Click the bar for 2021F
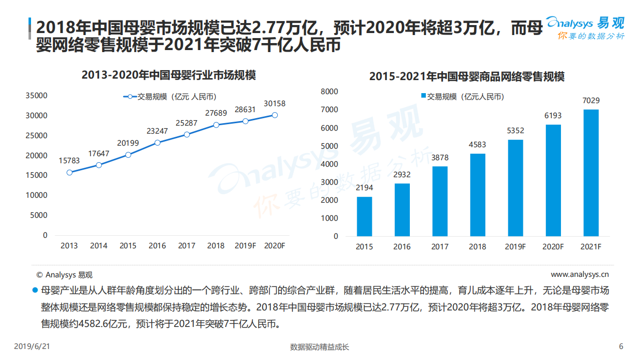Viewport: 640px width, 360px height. pos(591,173)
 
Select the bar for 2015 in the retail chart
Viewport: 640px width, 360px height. pos(364,216)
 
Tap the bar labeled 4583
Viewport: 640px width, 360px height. pos(478,195)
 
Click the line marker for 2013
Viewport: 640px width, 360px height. pos(69,172)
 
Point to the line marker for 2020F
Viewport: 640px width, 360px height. pos(275,115)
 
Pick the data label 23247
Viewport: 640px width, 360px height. pos(158,132)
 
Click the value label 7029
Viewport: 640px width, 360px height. pos(591,101)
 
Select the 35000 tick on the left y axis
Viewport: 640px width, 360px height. pos(37,95)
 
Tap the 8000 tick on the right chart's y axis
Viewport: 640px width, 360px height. pos(329,92)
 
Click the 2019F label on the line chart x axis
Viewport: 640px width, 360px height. pos(245,246)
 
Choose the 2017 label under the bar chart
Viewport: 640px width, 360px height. pos(440,247)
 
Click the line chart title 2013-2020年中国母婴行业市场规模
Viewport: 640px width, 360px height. pos(169,76)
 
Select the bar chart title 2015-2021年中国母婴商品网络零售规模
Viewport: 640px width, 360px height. pos(466,77)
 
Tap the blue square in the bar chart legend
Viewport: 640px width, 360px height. pos(423,97)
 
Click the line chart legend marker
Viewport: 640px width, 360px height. pos(130,97)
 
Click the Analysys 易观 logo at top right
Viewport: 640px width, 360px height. pos(585,28)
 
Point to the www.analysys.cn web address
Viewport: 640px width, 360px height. pos(579,274)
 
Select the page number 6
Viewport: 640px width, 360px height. pos(621,346)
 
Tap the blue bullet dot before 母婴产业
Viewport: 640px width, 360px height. pos(35,290)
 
